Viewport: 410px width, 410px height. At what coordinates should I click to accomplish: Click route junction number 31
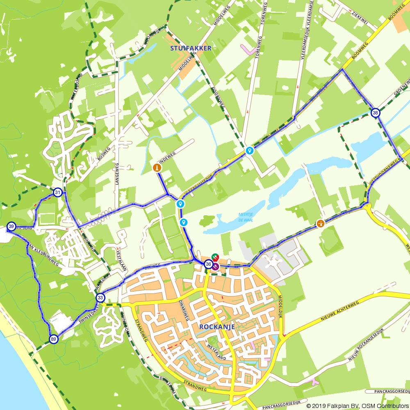click(58, 192)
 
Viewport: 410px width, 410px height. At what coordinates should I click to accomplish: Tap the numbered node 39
click(11, 226)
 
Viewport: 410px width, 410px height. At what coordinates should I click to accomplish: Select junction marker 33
click(100, 298)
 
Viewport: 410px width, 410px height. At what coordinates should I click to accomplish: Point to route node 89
click(53, 339)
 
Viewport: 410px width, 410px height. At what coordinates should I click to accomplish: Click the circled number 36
click(208, 264)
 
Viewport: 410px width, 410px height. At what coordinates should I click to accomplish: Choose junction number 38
click(375, 113)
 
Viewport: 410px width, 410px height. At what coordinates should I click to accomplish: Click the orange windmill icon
click(321, 223)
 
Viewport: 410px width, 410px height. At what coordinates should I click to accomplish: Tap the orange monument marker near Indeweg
click(157, 168)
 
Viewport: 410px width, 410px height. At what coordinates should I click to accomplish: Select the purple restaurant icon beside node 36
click(216, 266)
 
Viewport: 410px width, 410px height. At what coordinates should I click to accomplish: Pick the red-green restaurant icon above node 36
click(215, 257)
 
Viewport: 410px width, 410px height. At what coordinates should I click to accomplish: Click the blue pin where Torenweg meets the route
click(249, 151)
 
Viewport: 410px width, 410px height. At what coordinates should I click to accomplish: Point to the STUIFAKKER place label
click(191, 48)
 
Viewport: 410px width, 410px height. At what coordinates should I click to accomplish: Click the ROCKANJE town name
click(216, 327)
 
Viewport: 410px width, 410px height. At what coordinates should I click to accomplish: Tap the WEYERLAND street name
click(217, 353)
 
